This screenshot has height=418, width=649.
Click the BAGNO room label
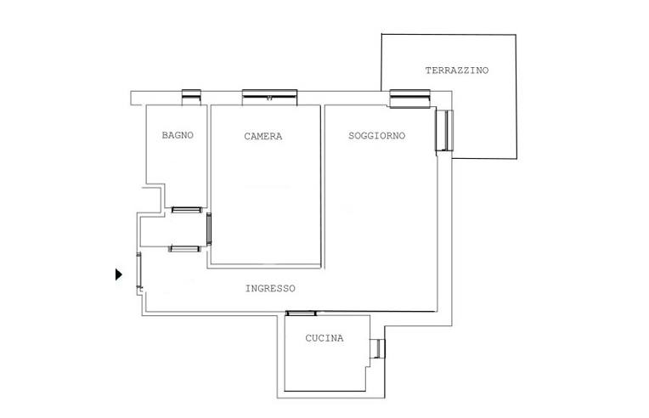[178, 135]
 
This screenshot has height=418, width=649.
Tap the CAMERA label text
[263, 136]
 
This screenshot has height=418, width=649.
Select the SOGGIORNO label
[376, 136]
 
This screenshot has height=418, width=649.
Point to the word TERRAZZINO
[457, 71]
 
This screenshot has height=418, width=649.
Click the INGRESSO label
[270, 289]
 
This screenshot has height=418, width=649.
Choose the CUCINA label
[324, 338]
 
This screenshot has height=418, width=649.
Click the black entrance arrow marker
[119, 274]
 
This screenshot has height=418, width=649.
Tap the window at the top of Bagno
[192, 97]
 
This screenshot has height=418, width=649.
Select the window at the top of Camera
[269, 97]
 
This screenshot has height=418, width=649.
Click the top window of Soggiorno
[409, 99]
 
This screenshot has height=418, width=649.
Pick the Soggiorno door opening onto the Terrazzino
[444, 130]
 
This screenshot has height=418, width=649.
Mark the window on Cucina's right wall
[377, 348]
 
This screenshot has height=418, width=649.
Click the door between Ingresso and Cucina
[301, 313]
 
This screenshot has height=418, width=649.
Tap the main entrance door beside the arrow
[139, 270]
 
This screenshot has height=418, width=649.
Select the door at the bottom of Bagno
[187, 210]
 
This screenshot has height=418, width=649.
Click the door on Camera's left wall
[209, 229]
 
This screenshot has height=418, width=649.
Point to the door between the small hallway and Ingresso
[184, 249]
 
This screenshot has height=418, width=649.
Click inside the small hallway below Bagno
[173, 229]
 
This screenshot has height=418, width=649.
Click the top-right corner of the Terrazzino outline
[516, 35]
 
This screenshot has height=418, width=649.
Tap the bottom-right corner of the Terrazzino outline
[516, 159]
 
